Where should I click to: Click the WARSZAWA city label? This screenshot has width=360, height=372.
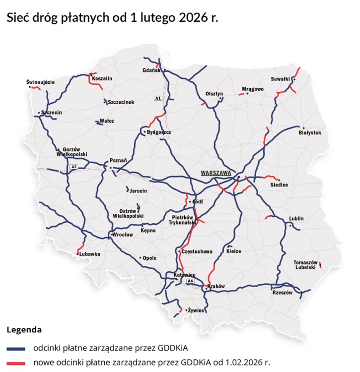[216, 173]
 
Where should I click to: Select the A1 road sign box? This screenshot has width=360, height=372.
[158, 98]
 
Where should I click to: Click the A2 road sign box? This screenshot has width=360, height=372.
[73, 166]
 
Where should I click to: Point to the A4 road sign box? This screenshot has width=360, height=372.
[190, 281]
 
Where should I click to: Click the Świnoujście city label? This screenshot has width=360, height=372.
[40, 82]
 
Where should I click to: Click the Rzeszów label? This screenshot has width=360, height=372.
[284, 293]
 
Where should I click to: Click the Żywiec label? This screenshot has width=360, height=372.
[197, 310]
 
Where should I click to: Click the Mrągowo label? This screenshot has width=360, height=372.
[252, 89]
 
